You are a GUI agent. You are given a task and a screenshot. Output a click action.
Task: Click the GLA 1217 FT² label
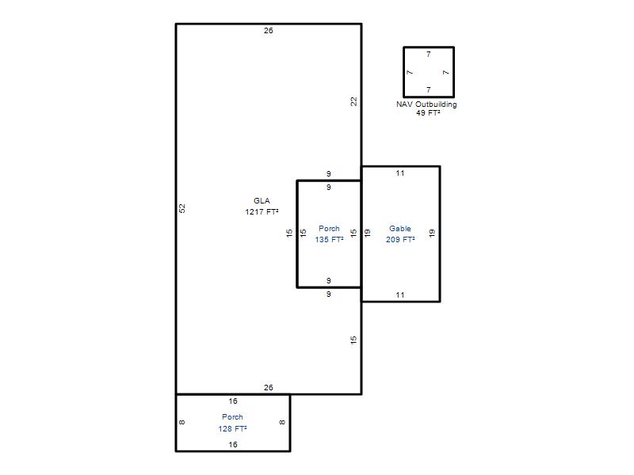(x=262, y=206)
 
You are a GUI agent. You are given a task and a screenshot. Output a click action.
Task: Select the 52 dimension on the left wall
(x=182, y=208)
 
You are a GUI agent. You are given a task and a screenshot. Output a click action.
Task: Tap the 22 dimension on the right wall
(x=353, y=101)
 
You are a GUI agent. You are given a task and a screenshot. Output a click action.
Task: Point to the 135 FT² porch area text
(x=329, y=240)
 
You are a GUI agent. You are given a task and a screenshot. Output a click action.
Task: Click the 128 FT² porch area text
(x=232, y=428)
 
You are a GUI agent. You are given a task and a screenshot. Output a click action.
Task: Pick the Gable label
(x=400, y=229)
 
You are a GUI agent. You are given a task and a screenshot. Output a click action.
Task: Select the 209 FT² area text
(x=400, y=240)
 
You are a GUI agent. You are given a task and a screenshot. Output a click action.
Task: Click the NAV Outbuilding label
(x=426, y=104)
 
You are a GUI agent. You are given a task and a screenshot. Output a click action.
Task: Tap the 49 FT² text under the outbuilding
(x=428, y=113)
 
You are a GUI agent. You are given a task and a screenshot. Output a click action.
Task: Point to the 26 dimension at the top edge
(x=269, y=31)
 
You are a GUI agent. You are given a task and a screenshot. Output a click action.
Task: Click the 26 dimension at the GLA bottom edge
(x=269, y=388)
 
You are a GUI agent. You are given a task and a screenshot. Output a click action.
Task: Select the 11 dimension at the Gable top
(x=400, y=173)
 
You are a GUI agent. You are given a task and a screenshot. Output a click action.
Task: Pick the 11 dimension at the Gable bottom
(x=400, y=295)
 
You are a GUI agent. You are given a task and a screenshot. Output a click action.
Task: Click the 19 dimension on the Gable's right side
(x=432, y=233)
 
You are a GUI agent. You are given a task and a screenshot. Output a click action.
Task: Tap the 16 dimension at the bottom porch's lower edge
(x=233, y=445)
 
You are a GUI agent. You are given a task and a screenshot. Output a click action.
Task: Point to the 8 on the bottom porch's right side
(x=282, y=423)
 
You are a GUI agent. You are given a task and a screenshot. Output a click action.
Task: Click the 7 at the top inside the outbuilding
(x=429, y=55)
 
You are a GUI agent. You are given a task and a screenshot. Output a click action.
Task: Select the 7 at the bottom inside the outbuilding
(x=429, y=89)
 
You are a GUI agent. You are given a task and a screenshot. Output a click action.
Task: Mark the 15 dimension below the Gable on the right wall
(x=353, y=340)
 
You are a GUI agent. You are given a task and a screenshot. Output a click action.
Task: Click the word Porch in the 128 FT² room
(x=232, y=417)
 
